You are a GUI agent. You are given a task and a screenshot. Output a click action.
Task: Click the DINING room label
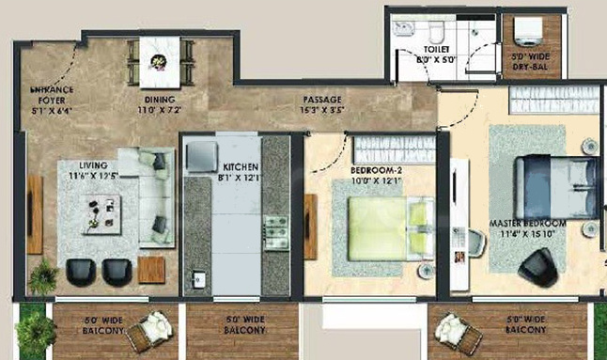pyautogui.click(x=160, y=103)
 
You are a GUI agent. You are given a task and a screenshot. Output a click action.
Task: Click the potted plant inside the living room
pyautogui.click(x=42, y=274)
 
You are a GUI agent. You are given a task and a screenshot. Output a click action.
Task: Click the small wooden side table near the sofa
pyautogui.click(x=151, y=270)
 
